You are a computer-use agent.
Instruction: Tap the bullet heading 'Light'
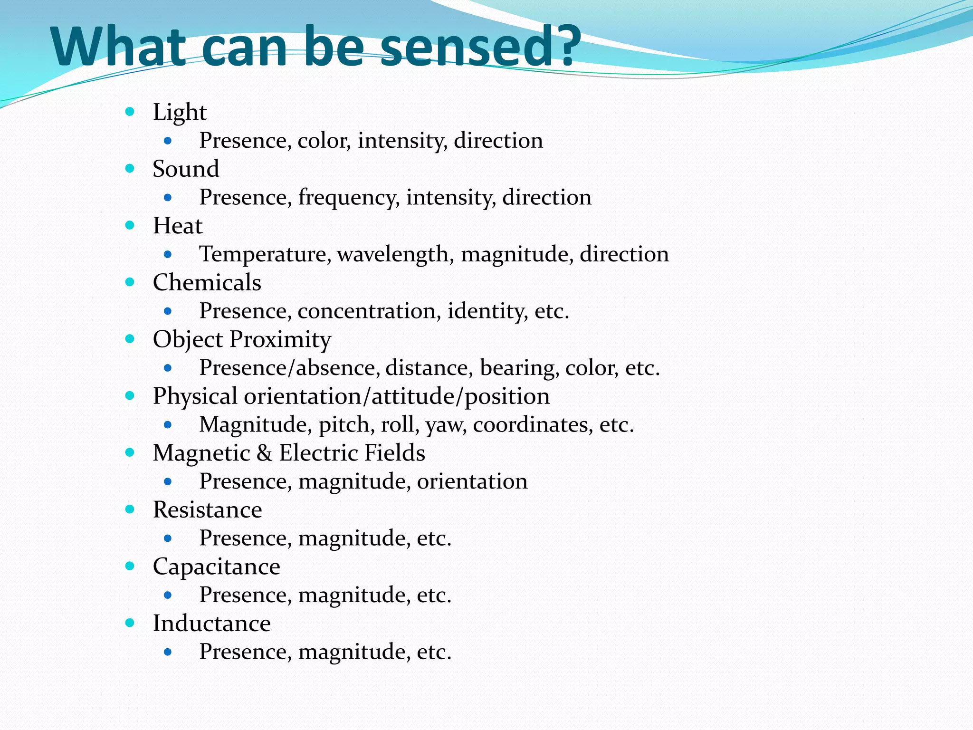click(x=180, y=113)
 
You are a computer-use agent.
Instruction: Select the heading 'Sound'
click(x=186, y=169)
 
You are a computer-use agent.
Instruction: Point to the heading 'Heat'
click(x=178, y=226)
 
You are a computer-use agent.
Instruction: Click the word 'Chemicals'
click(x=207, y=283)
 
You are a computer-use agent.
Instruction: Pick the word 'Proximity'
click(x=280, y=340)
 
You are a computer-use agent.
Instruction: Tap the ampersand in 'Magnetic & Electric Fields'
click(x=264, y=453)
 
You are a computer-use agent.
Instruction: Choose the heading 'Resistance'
click(x=207, y=510)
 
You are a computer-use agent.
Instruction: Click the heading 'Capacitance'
click(x=216, y=567)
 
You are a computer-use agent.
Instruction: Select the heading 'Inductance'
click(x=211, y=624)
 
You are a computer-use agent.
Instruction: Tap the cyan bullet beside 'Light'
click(x=130, y=112)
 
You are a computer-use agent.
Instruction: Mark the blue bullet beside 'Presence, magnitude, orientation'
click(x=167, y=482)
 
